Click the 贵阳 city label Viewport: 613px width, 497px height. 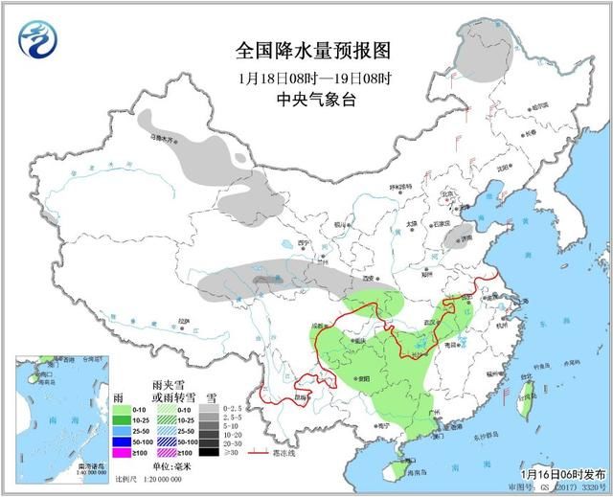pos(361,379)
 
